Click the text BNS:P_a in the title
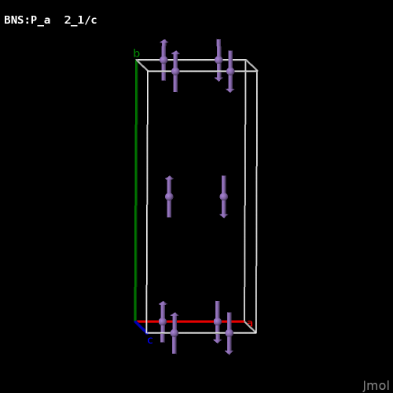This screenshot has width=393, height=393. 28,20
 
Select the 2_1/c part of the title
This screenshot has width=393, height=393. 81,20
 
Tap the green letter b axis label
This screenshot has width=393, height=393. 137,53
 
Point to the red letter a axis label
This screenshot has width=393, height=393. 250,323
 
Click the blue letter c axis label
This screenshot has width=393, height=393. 150,340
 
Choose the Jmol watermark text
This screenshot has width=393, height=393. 376,386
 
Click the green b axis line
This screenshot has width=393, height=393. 136,190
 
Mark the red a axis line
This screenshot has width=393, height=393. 190,321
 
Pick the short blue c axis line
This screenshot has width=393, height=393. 141,327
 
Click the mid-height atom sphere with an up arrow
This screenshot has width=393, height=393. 169,196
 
